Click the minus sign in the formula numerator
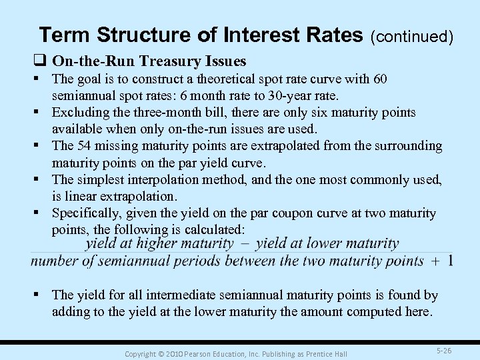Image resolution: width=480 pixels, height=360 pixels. click(x=244, y=244)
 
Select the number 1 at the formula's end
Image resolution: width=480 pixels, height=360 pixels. click(x=451, y=261)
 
